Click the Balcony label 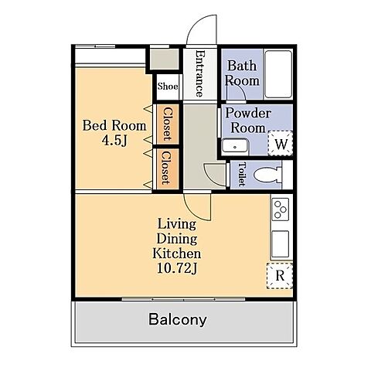[x=178, y=319]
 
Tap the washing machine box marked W [x=280, y=143]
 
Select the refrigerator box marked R [x=280, y=276]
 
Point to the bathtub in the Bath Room [x=278, y=74]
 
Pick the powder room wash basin [x=235, y=146]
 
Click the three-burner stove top [x=281, y=209]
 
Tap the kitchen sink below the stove [x=281, y=243]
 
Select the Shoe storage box [x=168, y=87]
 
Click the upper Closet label [x=168, y=124]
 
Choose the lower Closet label [x=166, y=168]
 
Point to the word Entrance [x=200, y=73]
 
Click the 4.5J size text [x=114, y=141]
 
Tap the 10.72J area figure [x=177, y=268]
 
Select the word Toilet [x=241, y=174]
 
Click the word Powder [x=248, y=114]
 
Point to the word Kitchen [x=177, y=254]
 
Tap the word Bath [x=242, y=66]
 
